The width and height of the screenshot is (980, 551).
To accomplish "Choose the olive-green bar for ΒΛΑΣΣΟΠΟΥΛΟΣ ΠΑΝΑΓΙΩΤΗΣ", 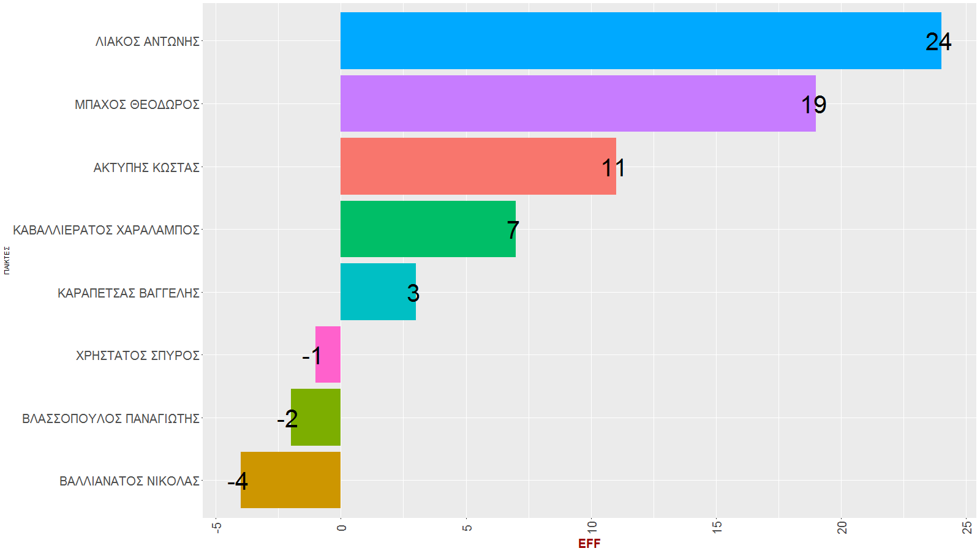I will (315, 418).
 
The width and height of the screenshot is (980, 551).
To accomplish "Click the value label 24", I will (938, 42).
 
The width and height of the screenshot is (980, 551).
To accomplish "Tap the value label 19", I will (813, 105).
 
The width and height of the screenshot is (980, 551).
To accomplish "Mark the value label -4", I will (238, 481).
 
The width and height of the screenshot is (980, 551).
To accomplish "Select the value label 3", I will (413, 293).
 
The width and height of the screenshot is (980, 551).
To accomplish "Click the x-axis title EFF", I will (589, 544).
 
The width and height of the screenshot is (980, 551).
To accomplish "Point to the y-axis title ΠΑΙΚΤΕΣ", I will (7, 260).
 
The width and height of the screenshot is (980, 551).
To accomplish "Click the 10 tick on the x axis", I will (592, 527).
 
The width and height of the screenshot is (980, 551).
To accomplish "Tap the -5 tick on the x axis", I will (216, 527).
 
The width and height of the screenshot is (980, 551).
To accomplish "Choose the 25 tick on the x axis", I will (967, 527).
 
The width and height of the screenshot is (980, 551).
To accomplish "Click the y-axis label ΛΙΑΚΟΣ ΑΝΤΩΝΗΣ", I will (148, 42).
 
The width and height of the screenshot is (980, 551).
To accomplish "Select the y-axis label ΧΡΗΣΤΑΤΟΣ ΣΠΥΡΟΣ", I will (138, 356).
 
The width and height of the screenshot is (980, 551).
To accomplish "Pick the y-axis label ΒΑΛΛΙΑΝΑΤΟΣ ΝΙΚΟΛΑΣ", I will (129, 481).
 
